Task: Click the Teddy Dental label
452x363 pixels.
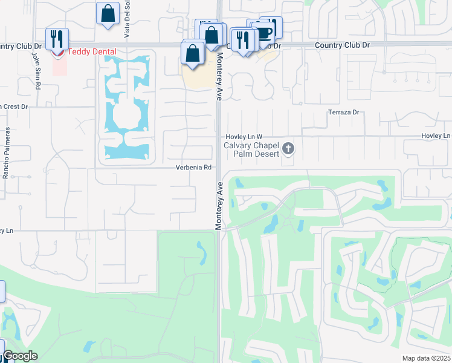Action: (92, 52)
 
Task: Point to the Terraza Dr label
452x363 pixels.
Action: (343, 113)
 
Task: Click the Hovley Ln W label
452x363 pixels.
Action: (244, 137)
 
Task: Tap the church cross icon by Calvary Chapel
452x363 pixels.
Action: (289, 148)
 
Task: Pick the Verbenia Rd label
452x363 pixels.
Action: (193, 168)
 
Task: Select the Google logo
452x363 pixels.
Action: (19, 356)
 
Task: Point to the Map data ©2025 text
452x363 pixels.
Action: (427, 358)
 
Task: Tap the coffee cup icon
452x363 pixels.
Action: (263, 32)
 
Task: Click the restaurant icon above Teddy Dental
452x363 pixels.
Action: (57, 39)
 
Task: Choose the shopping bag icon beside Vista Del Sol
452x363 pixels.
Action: (107, 13)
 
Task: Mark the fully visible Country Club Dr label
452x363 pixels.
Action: (342, 45)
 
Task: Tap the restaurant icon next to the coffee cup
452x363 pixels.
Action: (243, 40)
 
